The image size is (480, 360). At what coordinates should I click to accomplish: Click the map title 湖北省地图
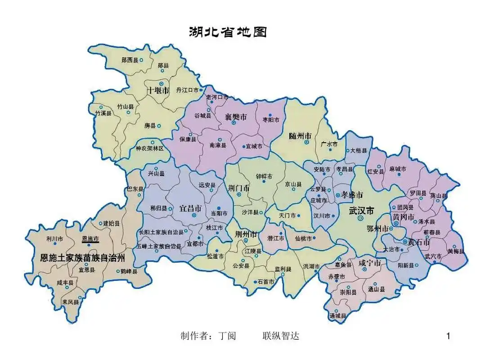click(228, 32)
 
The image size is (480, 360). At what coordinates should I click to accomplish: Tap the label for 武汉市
click(362, 211)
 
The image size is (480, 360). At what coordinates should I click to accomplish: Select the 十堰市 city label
click(158, 90)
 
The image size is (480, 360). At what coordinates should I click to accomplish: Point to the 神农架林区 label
click(150, 148)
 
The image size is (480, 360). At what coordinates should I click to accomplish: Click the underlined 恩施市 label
click(90, 238)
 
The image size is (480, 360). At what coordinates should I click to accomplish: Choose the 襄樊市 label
click(236, 117)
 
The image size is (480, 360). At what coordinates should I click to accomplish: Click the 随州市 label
click(300, 135)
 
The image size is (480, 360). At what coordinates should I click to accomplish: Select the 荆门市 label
click(238, 188)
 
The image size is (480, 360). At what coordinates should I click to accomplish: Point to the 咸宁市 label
click(370, 263)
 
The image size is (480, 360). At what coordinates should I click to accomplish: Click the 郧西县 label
click(130, 60)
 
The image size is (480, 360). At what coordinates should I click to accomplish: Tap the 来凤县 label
click(71, 302)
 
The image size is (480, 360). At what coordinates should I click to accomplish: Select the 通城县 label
click(337, 316)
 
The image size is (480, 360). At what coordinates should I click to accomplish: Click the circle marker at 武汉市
click(360, 218)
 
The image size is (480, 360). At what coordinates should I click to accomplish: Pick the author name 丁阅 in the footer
click(227, 336)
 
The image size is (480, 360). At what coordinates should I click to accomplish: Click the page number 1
click(448, 336)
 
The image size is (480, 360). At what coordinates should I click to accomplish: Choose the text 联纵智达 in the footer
click(281, 336)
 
